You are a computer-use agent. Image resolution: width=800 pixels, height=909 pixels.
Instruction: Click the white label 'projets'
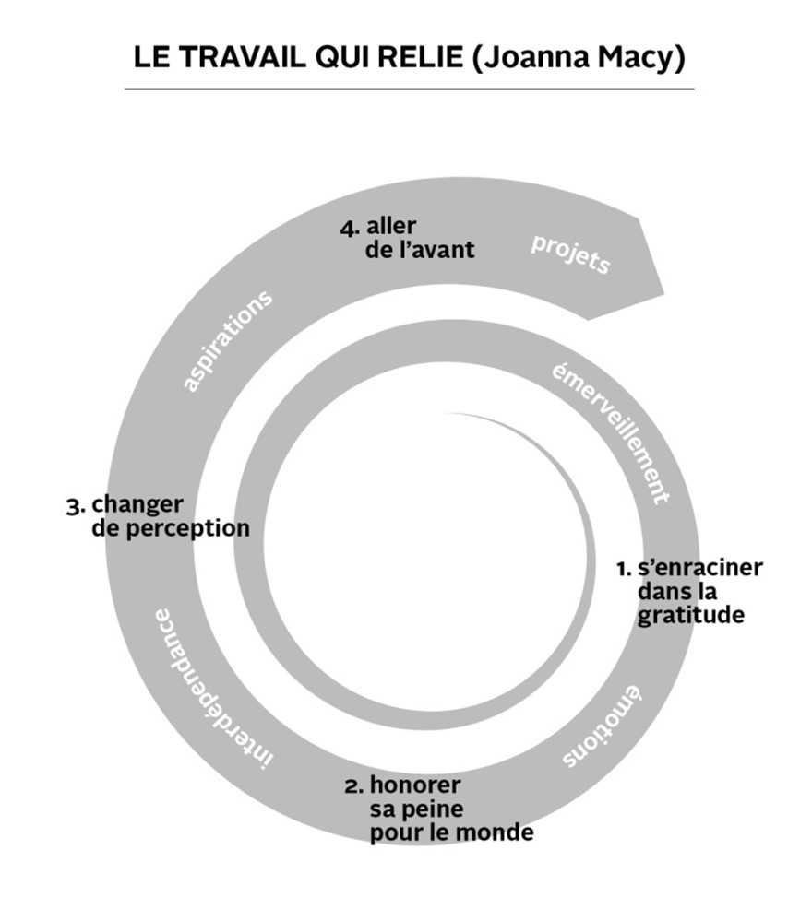coord(570,254)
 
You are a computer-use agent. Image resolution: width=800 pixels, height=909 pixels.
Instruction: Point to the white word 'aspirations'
coord(227,341)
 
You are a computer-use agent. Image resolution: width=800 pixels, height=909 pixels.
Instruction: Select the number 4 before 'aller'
coord(349,229)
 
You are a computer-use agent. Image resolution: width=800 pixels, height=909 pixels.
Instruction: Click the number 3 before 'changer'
coord(76,507)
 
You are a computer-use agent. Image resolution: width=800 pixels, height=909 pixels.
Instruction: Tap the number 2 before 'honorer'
coord(354,786)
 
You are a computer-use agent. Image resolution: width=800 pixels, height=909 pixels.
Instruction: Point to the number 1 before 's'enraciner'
coord(624,569)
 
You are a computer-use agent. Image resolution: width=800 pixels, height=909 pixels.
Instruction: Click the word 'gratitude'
coord(690,615)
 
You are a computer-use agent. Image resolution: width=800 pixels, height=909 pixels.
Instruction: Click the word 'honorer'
coord(415,785)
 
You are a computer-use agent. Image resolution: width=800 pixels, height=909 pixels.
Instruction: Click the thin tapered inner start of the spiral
coord(447,413)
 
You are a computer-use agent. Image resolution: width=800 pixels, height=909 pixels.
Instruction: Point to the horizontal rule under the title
coord(410,89)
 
